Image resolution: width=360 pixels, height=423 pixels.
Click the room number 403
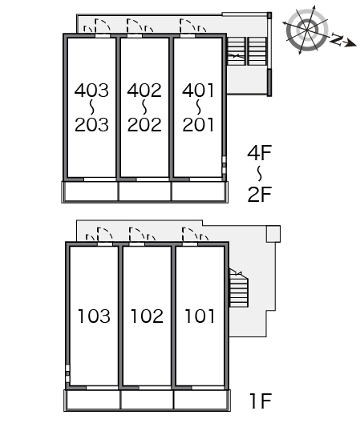91,90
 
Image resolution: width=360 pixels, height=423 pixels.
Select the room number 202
144,125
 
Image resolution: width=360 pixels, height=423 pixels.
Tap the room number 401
199,90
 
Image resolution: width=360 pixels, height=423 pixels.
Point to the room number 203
91,125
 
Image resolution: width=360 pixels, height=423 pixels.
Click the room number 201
199,125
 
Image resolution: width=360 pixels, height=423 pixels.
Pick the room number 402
144,90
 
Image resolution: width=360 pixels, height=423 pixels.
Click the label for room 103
94,316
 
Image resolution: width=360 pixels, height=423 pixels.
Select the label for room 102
148,316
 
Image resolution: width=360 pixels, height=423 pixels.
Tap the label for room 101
200,316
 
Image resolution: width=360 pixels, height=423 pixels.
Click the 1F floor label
261,401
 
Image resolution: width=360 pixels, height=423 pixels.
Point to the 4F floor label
260,153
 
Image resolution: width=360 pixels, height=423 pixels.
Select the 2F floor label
260,194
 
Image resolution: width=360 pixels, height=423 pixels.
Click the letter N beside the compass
336,39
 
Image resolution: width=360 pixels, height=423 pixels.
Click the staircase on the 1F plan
238,288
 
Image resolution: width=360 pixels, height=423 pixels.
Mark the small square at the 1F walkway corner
273,234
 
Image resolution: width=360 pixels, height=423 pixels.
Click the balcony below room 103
93,400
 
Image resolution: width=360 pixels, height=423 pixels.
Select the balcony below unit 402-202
145,191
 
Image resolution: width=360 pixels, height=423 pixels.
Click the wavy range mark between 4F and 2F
260,174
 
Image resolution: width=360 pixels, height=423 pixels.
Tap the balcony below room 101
201,400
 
